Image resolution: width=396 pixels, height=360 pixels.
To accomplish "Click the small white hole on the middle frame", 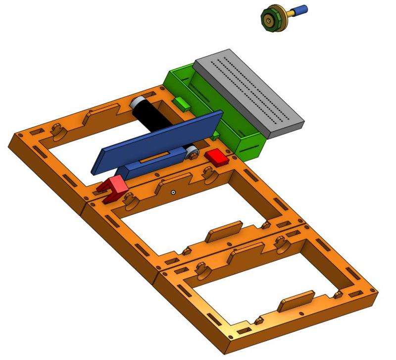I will pos(173,192).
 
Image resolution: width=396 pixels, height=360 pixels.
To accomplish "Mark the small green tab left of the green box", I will pos(181,103).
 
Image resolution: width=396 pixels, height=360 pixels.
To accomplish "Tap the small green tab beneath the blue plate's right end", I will pos(217,135).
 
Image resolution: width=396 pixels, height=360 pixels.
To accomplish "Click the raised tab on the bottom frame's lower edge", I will pos(296,300).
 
